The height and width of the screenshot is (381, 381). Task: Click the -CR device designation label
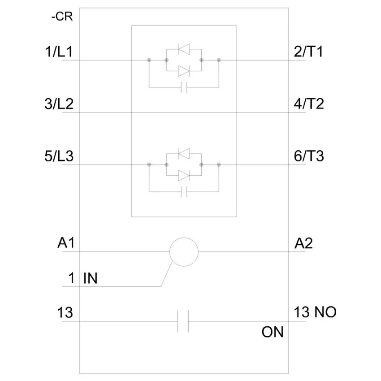click(x=62, y=17)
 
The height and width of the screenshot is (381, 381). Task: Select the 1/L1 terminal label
click(x=59, y=52)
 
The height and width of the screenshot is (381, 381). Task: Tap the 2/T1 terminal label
click(x=308, y=52)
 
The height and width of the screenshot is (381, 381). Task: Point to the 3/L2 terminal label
click(x=59, y=104)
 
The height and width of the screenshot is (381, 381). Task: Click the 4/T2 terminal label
click(x=309, y=104)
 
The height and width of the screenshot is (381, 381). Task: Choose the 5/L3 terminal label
click(x=59, y=156)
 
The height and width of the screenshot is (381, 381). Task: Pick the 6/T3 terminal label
click(x=309, y=156)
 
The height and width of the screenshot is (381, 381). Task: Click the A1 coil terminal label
click(x=66, y=243)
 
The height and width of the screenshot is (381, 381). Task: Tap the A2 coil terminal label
click(x=303, y=243)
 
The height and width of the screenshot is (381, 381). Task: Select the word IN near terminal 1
click(x=91, y=278)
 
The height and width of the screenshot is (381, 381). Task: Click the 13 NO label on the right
click(x=315, y=312)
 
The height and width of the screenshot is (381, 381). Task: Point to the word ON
click(x=273, y=332)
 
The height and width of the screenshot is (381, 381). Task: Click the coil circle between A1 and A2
click(x=184, y=238)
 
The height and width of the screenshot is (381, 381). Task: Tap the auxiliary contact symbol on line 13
click(x=183, y=321)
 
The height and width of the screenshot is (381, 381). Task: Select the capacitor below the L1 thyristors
click(x=184, y=87)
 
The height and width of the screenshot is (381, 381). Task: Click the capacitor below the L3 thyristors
click(x=184, y=192)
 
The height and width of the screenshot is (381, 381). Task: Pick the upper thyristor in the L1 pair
click(x=184, y=48)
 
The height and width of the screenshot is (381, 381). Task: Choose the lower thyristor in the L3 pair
click(x=184, y=175)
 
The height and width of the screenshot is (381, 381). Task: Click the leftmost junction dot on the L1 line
click(x=149, y=60)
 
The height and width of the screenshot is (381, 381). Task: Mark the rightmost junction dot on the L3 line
click(x=219, y=165)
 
